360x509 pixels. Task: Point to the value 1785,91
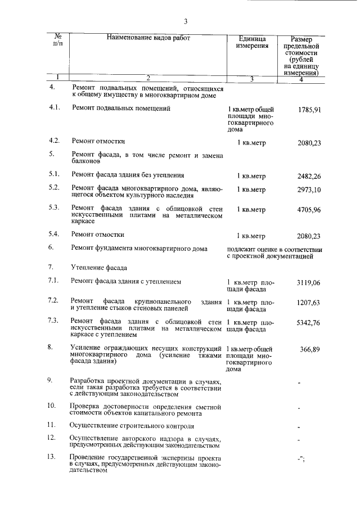[309, 110]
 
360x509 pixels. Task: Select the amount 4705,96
[309, 210]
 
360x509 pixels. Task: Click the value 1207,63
[309, 303]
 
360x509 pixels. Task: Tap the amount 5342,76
[309, 323]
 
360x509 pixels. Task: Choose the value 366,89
[310, 350]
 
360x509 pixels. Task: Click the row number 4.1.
[54, 107]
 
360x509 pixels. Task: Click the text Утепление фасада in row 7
[99, 267]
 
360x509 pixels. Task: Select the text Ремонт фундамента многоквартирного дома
[139, 248]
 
